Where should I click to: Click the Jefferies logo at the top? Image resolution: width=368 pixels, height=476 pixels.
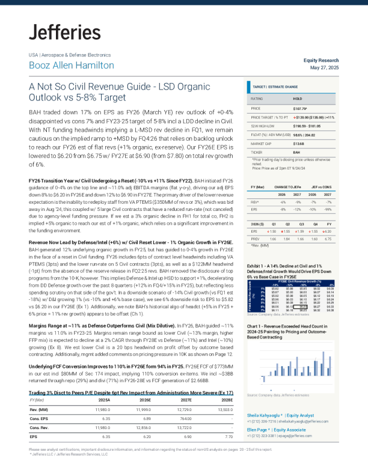(65, 32)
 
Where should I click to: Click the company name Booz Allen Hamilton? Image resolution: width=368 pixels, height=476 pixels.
(71, 65)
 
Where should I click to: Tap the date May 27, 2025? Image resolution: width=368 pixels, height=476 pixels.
(325, 67)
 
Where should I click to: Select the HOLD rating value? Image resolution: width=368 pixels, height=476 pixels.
(298, 97)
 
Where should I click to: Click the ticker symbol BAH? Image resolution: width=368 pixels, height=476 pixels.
(296, 153)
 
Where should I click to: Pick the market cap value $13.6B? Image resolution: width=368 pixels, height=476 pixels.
(298, 144)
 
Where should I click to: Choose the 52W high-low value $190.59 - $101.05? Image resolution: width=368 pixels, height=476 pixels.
(307, 126)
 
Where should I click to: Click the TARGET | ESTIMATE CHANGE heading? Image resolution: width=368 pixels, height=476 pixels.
(275, 87)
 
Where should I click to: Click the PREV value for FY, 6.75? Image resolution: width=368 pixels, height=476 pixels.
(328, 239)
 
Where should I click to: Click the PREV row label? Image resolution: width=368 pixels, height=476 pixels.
(256, 239)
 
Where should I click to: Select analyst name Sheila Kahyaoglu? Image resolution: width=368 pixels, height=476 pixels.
(265, 415)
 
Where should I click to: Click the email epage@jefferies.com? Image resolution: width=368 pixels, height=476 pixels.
(294, 436)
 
